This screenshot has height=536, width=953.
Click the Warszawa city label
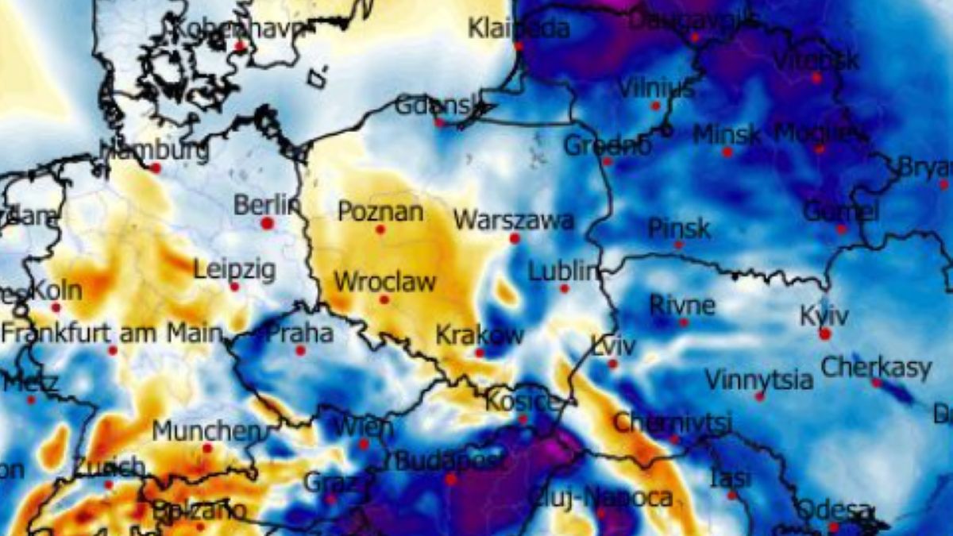coord(513,219)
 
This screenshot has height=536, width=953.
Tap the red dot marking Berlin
coord(267,224)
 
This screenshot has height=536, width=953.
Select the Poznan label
coord(380,212)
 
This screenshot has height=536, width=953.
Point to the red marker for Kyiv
coord(825,334)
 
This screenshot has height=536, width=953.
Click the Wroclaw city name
coord(384,282)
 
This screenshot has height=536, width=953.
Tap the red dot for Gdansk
coord(439,123)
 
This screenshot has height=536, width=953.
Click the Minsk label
coord(726,134)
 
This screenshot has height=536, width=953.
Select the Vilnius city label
coord(656,88)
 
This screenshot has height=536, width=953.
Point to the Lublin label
coord(562,272)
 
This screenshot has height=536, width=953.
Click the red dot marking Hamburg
coord(156,168)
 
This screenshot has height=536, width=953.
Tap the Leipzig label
coord(234,270)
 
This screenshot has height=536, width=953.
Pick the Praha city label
coord(299,333)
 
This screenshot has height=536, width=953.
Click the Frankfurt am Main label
coord(111,333)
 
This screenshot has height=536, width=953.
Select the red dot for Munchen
coord(207,449)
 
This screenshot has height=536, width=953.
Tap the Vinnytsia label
coord(759,380)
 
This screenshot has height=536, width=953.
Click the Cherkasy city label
coord(875,368)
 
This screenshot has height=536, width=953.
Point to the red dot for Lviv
coord(612,364)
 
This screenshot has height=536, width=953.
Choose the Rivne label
coord(682,305)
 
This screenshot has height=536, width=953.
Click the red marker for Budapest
coord(451,480)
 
